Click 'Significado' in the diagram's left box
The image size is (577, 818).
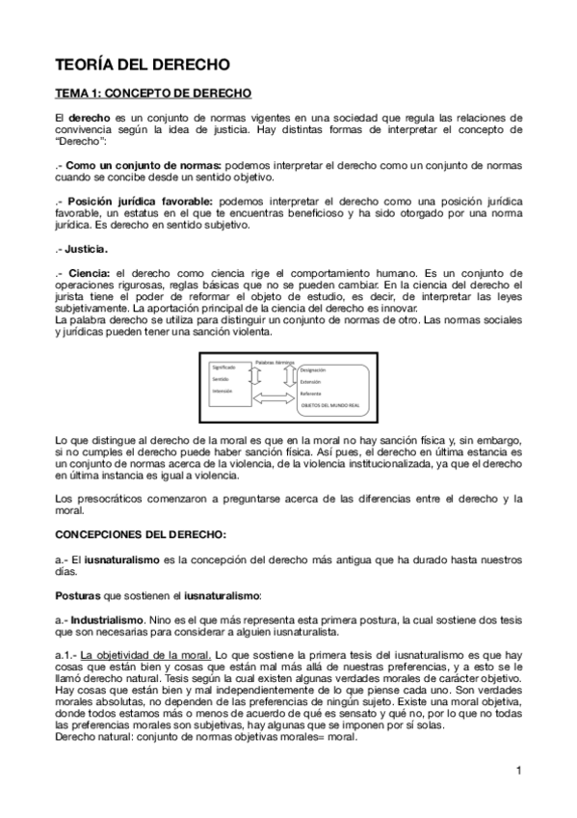coord(223,368)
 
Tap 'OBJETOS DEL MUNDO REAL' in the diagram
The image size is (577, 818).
coord(334,406)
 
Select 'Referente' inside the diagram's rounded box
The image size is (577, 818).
coord(311,394)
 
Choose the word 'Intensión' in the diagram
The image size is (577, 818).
coord(223,392)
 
